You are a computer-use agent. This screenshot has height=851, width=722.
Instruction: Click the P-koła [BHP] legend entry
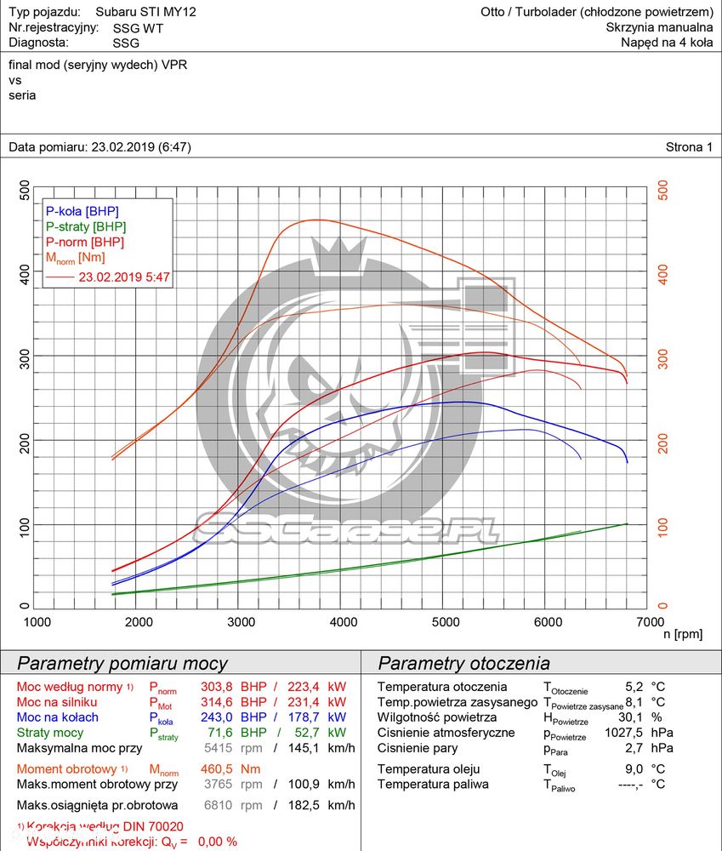pyautogui.click(x=82, y=211)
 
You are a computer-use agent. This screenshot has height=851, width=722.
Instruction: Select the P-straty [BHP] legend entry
pyautogui.click(x=85, y=226)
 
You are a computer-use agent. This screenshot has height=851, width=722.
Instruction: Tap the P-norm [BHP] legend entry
pyautogui.click(x=84, y=242)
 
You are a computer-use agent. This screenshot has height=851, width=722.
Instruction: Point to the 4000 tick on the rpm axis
pyautogui.click(x=343, y=622)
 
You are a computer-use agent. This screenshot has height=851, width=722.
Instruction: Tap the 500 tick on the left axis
pyautogui.click(x=25, y=190)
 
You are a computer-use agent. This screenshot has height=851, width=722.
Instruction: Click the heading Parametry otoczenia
pyautogui.click(x=463, y=663)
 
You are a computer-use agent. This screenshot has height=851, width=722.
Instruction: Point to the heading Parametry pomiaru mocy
pyautogui.click(x=122, y=663)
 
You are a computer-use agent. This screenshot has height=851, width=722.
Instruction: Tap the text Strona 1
pyautogui.click(x=689, y=147)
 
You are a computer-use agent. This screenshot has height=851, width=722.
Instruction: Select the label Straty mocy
pyautogui.click(x=50, y=733)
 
